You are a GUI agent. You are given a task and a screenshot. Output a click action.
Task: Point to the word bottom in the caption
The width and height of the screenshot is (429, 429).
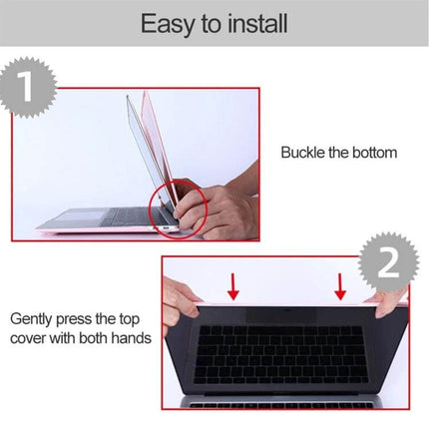tap(373, 153)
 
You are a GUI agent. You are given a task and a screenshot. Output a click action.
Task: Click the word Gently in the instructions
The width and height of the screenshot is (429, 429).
tap(36, 320)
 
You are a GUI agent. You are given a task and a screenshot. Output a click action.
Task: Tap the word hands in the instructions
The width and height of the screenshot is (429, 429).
tap(129, 338)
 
